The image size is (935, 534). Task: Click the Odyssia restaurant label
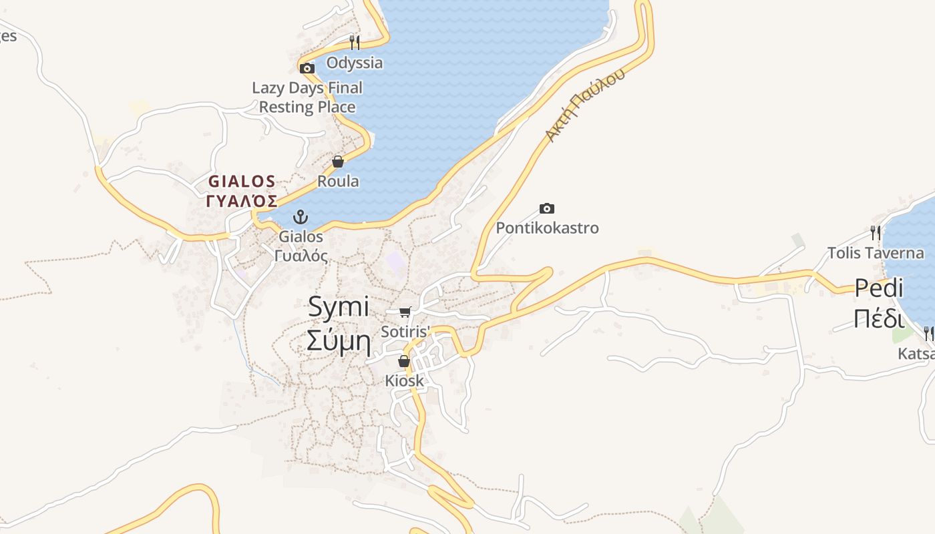point(354,63)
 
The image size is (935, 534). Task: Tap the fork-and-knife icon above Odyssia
point(355,43)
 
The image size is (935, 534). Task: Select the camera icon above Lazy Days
point(307,68)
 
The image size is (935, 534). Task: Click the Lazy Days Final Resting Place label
point(307,97)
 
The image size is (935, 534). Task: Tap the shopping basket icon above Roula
point(338,162)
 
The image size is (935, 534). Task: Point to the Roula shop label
point(338,181)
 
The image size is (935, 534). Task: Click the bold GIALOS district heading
point(242,181)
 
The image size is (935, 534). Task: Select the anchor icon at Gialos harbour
point(301,217)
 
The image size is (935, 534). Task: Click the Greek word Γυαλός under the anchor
point(301,255)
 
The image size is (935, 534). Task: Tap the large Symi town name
point(339,306)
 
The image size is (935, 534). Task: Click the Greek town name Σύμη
point(339,340)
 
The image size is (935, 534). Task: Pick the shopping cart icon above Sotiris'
point(405,312)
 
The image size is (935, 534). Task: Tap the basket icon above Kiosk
point(404,361)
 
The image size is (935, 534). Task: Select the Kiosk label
point(404,380)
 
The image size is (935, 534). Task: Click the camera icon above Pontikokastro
point(547,209)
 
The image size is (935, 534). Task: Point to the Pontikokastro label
point(547,228)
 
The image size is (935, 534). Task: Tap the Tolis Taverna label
point(876,253)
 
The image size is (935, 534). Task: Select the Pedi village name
point(879,288)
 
